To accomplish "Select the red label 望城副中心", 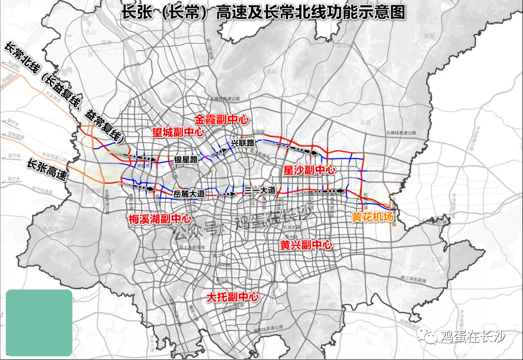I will (x=178, y=133).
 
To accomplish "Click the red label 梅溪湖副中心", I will (x=160, y=219).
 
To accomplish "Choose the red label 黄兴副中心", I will (x=306, y=245).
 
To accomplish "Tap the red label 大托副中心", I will (x=232, y=297).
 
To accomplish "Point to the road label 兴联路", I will (x=242, y=143).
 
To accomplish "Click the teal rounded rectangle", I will (x=39, y=323).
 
